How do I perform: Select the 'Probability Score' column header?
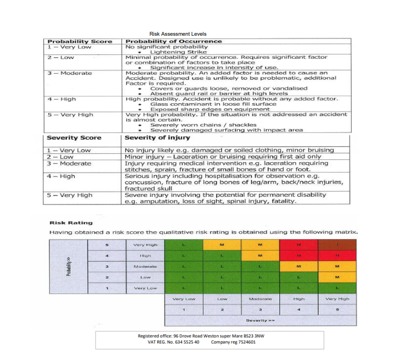pyautogui.click(x=80, y=41)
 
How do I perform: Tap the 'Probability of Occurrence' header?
pyautogui.click(x=174, y=41)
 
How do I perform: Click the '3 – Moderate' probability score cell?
pyautogui.click(x=70, y=73)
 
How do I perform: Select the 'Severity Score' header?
pyautogui.click(x=74, y=137)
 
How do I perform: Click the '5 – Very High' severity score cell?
pyautogui.click(x=70, y=195)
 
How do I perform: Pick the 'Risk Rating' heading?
pyautogui.click(x=63, y=223)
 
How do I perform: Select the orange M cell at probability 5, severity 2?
pyautogui.click(x=222, y=244)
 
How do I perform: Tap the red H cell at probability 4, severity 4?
pyautogui.click(x=298, y=255)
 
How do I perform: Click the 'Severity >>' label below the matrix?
pyautogui.click(x=261, y=320)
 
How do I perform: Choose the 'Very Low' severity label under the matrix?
pyautogui.click(x=183, y=299)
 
